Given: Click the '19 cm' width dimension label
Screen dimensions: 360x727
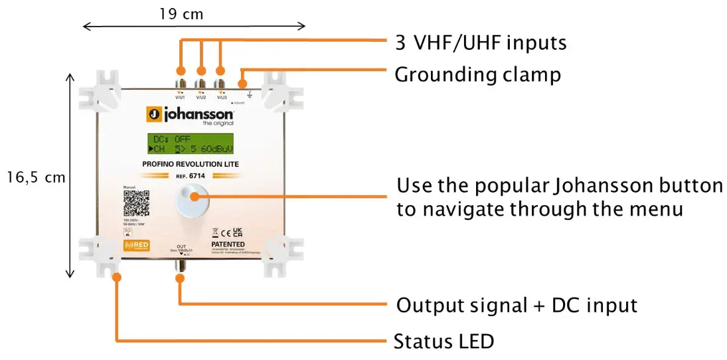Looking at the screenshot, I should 181,13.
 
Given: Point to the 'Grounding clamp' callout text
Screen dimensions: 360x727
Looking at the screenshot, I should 477,74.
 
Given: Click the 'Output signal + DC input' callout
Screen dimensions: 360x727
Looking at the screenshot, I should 517,305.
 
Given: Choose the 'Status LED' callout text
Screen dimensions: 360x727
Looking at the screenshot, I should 444,342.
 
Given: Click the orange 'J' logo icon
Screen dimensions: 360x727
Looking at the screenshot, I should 153,115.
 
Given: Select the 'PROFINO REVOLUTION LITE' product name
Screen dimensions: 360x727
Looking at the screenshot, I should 191,165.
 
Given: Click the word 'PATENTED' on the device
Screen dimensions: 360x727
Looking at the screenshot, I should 226,245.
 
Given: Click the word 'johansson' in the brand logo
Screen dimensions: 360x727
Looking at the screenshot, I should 199,114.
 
